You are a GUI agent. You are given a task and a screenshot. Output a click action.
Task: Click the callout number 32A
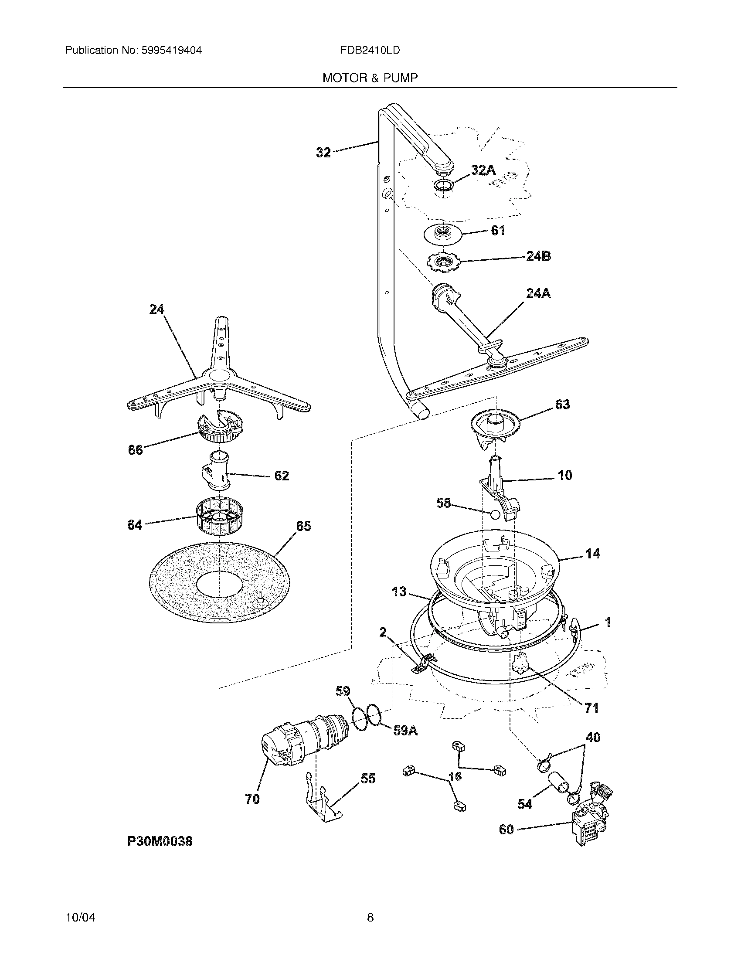[x=483, y=170]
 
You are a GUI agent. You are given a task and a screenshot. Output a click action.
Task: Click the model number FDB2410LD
[x=370, y=51]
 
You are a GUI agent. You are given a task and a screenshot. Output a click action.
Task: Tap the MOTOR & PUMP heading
[x=370, y=78]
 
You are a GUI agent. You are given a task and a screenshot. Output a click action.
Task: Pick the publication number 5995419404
[x=171, y=51]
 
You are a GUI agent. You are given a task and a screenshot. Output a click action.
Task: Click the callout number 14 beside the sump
[x=593, y=554]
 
